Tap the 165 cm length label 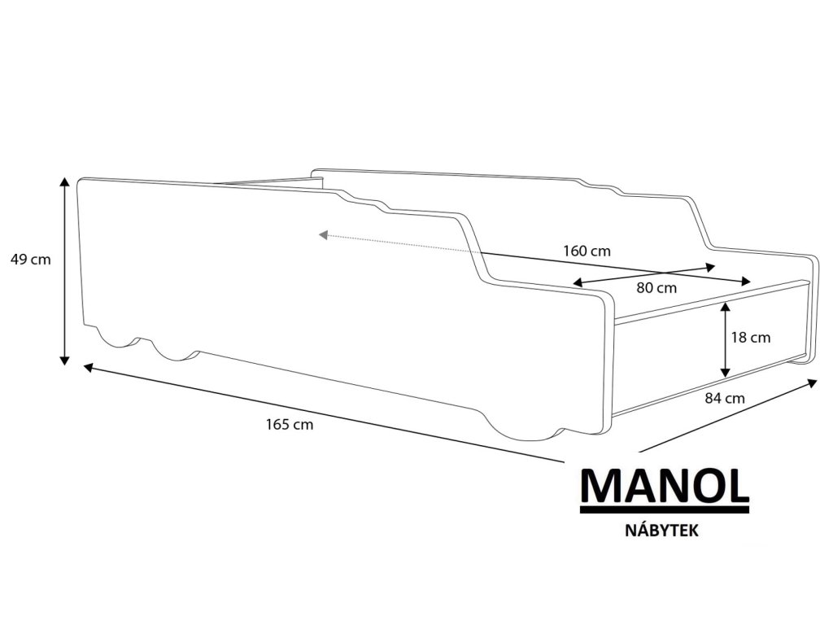[x=289, y=424]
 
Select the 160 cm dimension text [x=587, y=251]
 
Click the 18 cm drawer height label [x=750, y=337]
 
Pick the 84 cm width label [x=723, y=398]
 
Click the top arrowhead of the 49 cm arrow [x=64, y=181]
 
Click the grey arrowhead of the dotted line [x=323, y=235]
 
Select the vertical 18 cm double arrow [x=725, y=339]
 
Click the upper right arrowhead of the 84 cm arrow [x=812, y=382]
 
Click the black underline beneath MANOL [x=665, y=509]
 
